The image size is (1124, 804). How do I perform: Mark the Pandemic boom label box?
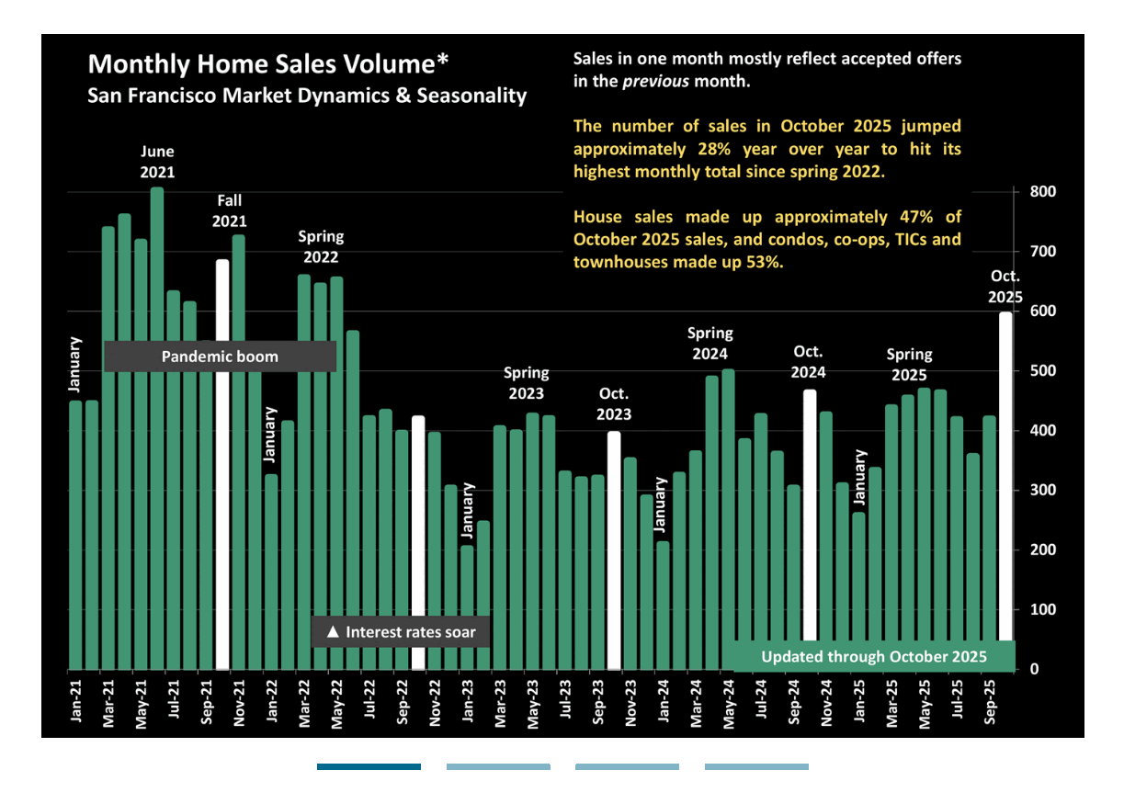pyautogui.click(x=220, y=357)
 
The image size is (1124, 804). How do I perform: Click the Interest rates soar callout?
pyautogui.click(x=401, y=632)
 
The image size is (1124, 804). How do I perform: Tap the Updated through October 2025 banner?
pyautogui.click(x=873, y=656)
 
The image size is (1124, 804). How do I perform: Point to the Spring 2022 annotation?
pyautogui.click(x=321, y=246)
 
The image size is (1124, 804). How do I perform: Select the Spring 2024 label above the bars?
pyautogui.click(x=710, y=343)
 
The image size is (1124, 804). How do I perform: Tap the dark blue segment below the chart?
pyautogui.click(x=369, y=766)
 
